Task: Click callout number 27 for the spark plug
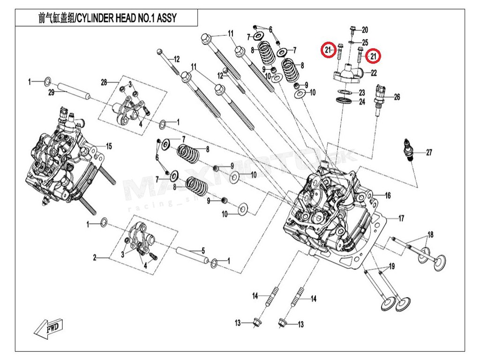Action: [x=429, y=152]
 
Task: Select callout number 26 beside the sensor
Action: [x=397, y=97]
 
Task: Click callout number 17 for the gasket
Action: [x=401, y=218]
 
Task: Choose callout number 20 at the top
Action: [x=365, y=30]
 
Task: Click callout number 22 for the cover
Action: [x=374, y=73]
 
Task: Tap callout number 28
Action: [x=104, y=82]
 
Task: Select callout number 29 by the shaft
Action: [x=52, y=93]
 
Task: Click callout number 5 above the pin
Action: [x=203, y=250]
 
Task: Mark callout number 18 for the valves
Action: [x=430, y=234]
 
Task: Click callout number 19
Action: [x=392, y=266]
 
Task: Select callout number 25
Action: [x=365, y=43]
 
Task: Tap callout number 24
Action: [x=362, y=101]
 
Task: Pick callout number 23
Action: [x=362, y=93]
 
